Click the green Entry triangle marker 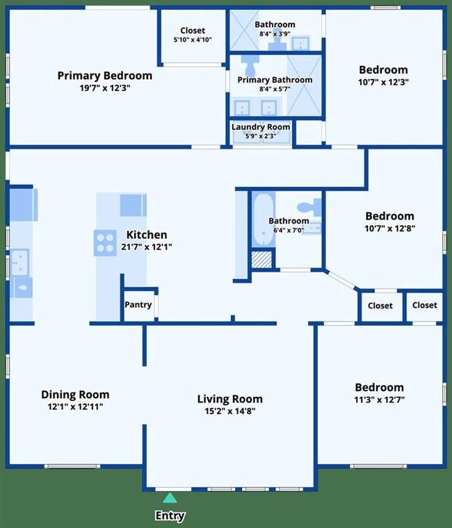pyautogui.click(x=170, y=497)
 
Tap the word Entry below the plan pyautogui.click(x=170, y=515)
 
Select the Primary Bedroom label pyautogui.click(x=104, y=76)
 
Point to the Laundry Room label pyautogui.click(x=261, y=127)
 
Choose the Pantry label pyautogui.click(x=138, y=305)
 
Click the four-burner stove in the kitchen pyautogui.click(x=105, y=242)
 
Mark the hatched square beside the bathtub pyautogui.click(x=262, y=260)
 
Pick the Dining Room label pyautogui.click(x=75, y=395)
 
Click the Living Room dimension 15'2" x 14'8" pyautogui.click(x=229, y=411)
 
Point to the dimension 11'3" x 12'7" pyautogui.click(x=379, y=399)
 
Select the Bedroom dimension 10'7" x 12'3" pyautogui.click(x=383, y=82)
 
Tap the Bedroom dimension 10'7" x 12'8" pyautogui.click(x=389, y=229)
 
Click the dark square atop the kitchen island pyautogui.click(x=133, y=205)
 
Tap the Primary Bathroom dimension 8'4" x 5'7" pyautogui.click(x=275, y=89)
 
